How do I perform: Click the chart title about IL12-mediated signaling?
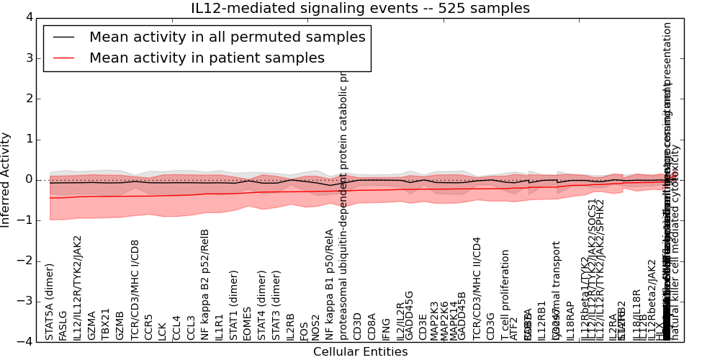click(x=360, y=9)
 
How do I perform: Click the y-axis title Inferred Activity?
click(x=6, y=179)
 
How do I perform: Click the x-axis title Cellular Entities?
click(x=360, y=352)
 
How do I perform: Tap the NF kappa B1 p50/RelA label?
click(x=329, y=284)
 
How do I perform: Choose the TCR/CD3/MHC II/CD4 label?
click(x=477, y=288)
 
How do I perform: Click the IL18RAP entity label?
click(x=570, y=321)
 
